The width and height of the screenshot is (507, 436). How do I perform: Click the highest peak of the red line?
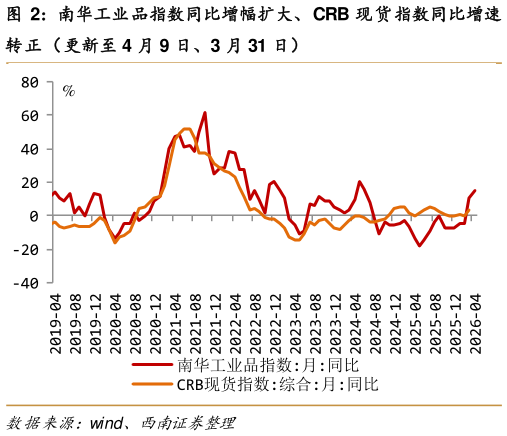(x=204, y=113)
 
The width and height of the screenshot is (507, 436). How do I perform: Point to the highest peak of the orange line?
(x=188, y=129)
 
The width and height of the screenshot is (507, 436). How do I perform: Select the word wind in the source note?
(x=110, y=419)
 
